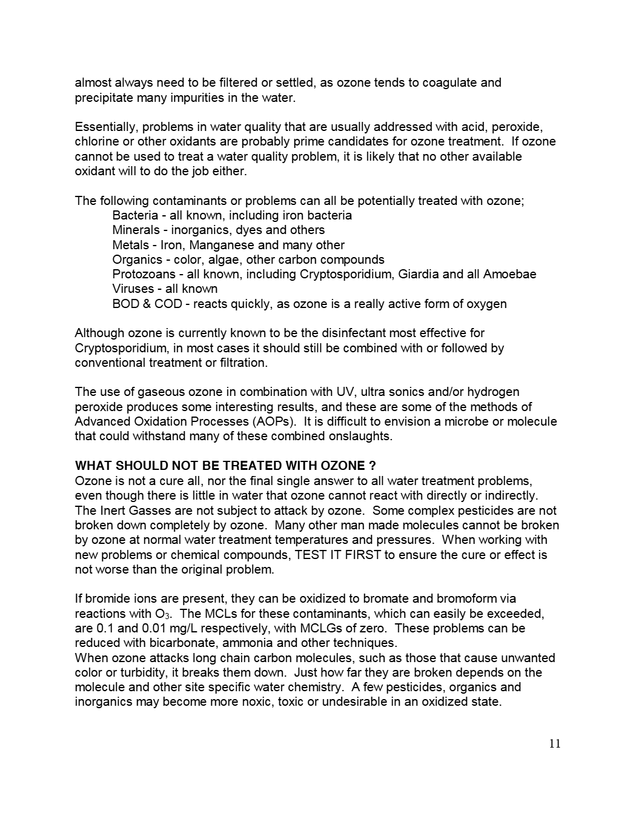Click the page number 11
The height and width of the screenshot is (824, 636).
coord(554,744)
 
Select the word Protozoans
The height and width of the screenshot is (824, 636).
coord(144,274)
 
